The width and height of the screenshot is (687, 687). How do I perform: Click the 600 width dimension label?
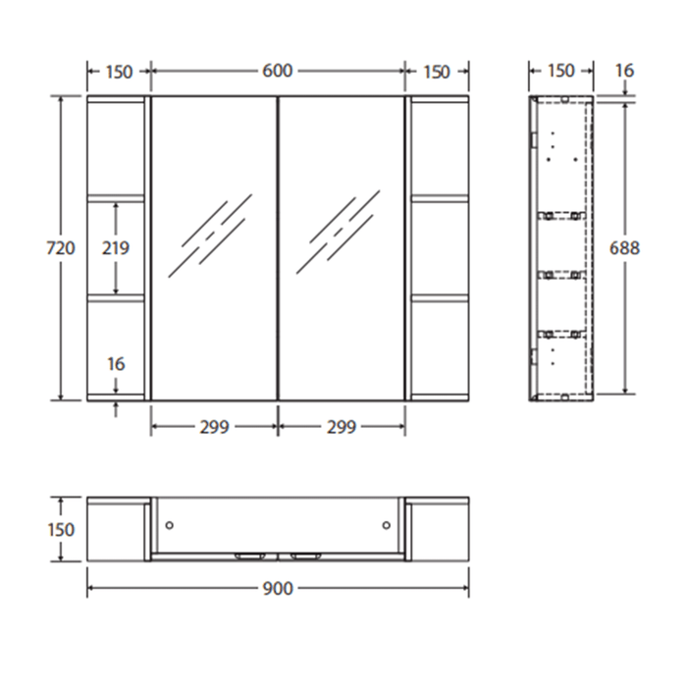[x=278, y=72]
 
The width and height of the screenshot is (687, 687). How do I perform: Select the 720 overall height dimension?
[x=61, y=248]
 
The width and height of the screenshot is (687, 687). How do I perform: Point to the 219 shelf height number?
[x=116, y=248]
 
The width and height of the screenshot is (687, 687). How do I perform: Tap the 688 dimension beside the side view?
[x=624, y=248]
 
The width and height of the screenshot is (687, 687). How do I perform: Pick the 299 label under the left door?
[x=214, y=427]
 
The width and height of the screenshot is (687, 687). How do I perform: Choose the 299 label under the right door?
[x=342, y=427]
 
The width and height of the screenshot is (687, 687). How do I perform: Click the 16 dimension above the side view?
[x=624, y=71]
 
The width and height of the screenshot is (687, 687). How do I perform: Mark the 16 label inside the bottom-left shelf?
[x=116, y=364]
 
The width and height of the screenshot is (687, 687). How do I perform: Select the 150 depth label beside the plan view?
[x=61, y=529]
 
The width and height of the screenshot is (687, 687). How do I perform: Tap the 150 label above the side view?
[x=560, y=71]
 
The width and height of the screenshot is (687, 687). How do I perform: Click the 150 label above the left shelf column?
[x=119, y=72]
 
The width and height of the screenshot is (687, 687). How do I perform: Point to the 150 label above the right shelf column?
[x=437, y=72]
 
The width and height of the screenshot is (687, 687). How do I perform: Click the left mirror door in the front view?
[x=214, y=248]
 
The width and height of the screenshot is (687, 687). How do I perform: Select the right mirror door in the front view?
[x=342, y=248]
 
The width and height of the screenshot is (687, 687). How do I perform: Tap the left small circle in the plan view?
[x=170, y=526]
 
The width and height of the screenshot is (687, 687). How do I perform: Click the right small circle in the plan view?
[x=387, y=526]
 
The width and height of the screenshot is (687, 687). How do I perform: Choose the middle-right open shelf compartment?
[x=438, y=248]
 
